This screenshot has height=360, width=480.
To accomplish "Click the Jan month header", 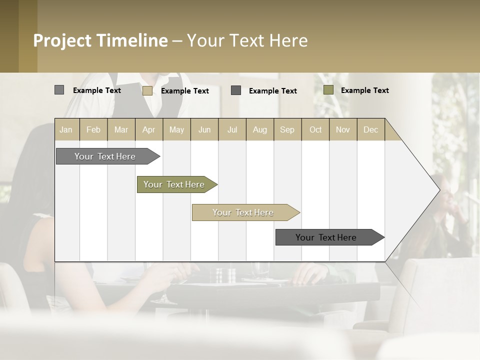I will tap(66, 129).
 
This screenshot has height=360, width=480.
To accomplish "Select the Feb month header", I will tap(93, 129).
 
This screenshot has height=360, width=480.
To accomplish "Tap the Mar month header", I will tap(121, 129).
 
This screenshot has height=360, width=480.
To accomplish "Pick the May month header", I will tap(176, 129).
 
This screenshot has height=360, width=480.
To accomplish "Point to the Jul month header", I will tap(232, 129).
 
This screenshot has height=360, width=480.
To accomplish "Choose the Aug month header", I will tap(259, 129).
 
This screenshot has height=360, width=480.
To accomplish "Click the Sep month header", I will tap(287, 129).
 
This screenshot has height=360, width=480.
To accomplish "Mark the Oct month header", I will tap(315, 129).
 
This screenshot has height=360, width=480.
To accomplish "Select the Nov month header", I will tap(343, 129).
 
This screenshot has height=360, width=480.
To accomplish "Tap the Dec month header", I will tap(370, 129).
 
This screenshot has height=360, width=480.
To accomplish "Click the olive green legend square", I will tap(328, 90).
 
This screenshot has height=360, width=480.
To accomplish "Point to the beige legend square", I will tap(147, 90).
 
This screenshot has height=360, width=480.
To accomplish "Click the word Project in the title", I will tap(62, 40).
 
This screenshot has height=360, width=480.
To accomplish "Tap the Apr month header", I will tap(148, 129).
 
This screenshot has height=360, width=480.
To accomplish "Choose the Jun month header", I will tap(204, 129).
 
